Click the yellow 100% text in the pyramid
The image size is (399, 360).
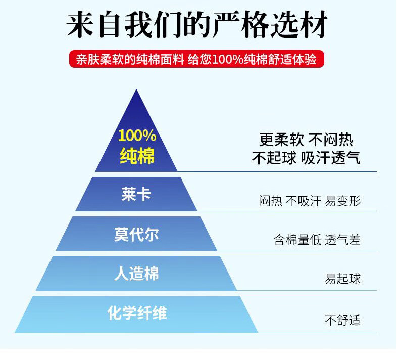(137, 136)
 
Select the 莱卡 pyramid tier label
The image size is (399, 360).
(136, 194)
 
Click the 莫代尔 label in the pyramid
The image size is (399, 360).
(136, 234)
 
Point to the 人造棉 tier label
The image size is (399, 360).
(136, 274)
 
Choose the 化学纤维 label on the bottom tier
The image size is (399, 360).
(136, 313)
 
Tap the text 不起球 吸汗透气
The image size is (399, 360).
(306, 158)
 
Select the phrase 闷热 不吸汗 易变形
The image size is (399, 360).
(310, 201)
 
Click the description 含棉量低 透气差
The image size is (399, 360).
(317, 240)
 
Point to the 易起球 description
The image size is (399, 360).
(342, 279)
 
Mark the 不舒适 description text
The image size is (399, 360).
(342, 320)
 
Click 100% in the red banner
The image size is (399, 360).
(229, 60)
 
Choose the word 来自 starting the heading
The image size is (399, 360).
(89, 25)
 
